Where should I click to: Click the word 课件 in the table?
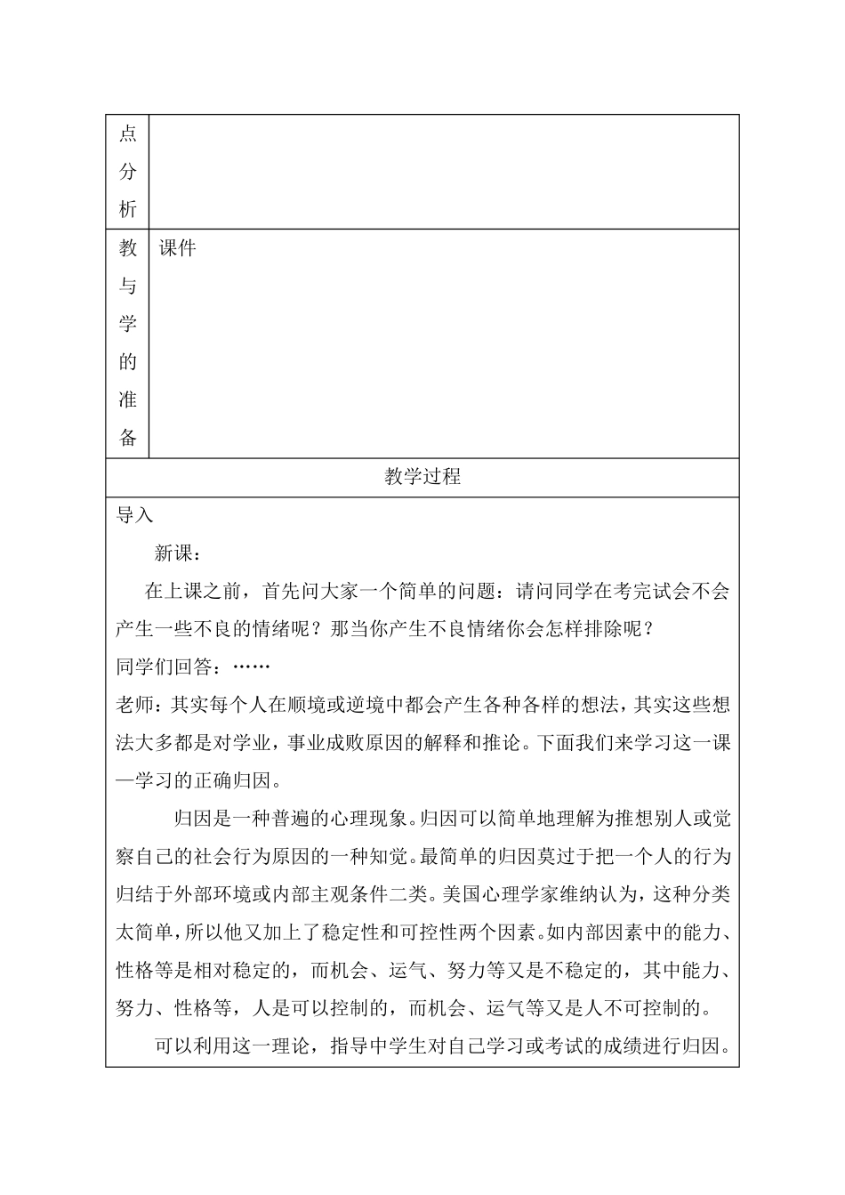click(x=177, y=249)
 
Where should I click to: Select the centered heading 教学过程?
click(x=422, y=477)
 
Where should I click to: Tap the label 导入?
click(x=135, y=516)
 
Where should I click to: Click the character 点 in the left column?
click(x=127, y=134)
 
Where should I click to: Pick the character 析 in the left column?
click(x=127, y=209)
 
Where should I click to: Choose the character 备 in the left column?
click(x=127, y=438)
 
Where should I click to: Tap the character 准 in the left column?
click(x=127, y=400)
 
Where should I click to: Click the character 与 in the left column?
click(x=127, y=287)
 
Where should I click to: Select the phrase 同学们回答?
click(x=164, y=666)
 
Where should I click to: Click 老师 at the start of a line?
click(x=135, y=705)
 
